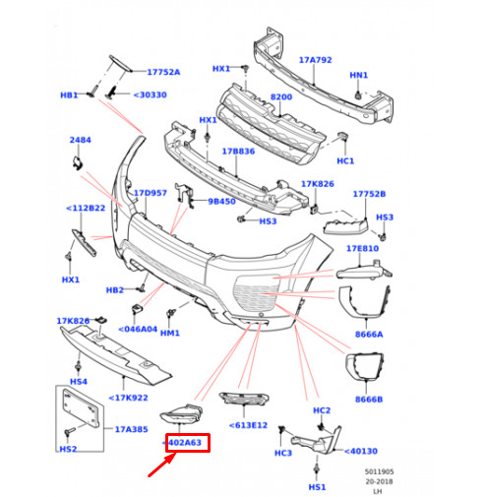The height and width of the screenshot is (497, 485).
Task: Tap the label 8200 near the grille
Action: pyautogui.click(x=280, y=97)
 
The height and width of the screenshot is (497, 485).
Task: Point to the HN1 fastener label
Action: pyautogui.click(x=358, y=76)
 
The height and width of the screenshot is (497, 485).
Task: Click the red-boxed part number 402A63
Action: pyautogui.click(x=184, y=443)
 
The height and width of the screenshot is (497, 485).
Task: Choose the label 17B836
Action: pyautogui.click(x=239, y=152)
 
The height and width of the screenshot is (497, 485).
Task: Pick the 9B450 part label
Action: pyautogui.click(x=222, y=202)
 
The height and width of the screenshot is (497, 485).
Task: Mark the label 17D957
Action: pyautogui.click(x=151, y=193)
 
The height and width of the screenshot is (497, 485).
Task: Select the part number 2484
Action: pyautogui.click(x=80, y=141)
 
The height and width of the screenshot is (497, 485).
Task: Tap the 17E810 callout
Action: pyautogui.click(x=361, y=249)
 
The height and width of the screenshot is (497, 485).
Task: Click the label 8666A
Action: pyautogui.click(x=370, y=335)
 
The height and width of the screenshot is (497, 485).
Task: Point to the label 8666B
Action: pyautogui.click(x=369, y=400)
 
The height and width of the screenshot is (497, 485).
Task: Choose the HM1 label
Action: pyautogui.click(x=170, y=334)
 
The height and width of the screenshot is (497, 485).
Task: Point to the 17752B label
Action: pyautogui.click(x=370, y=194)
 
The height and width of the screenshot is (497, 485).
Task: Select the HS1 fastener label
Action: pyautogui.click(x=317, y=487)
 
